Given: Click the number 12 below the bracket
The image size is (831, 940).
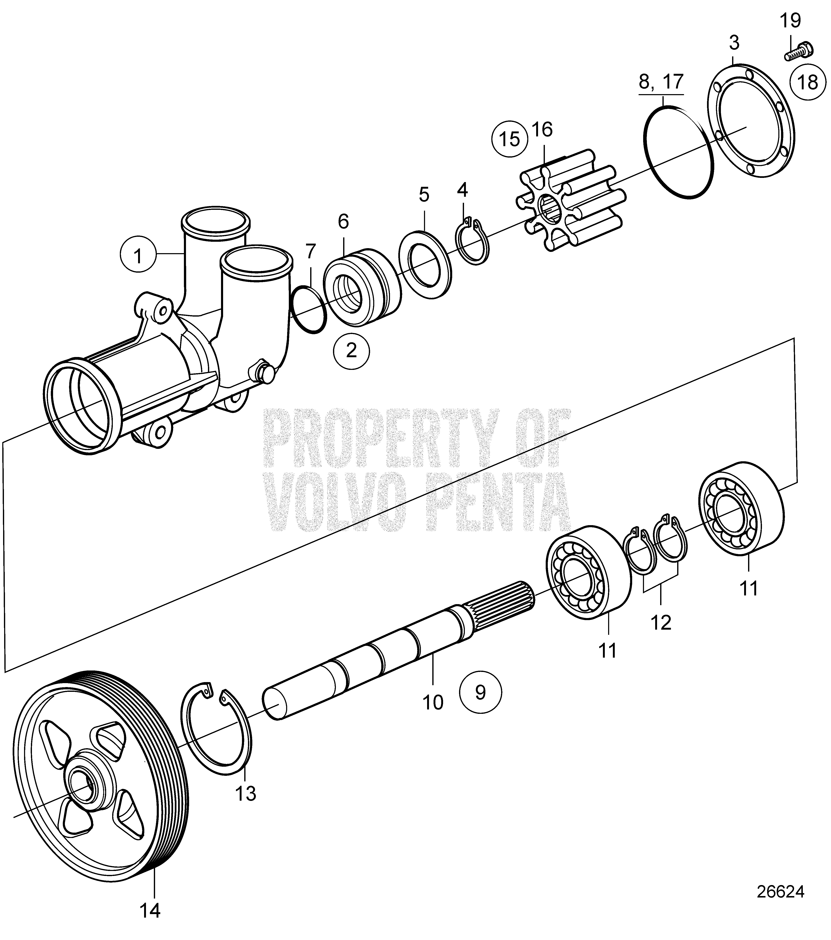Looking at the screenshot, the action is [661, 623].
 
